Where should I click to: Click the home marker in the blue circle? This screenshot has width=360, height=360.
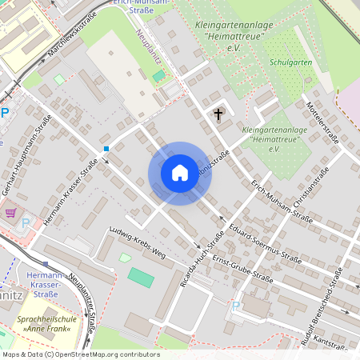180,173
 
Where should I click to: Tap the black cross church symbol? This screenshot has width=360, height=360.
218,115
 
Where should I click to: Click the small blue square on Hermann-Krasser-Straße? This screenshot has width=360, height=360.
106,148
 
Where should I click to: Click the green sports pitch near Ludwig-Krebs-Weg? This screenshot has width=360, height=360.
141,278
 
